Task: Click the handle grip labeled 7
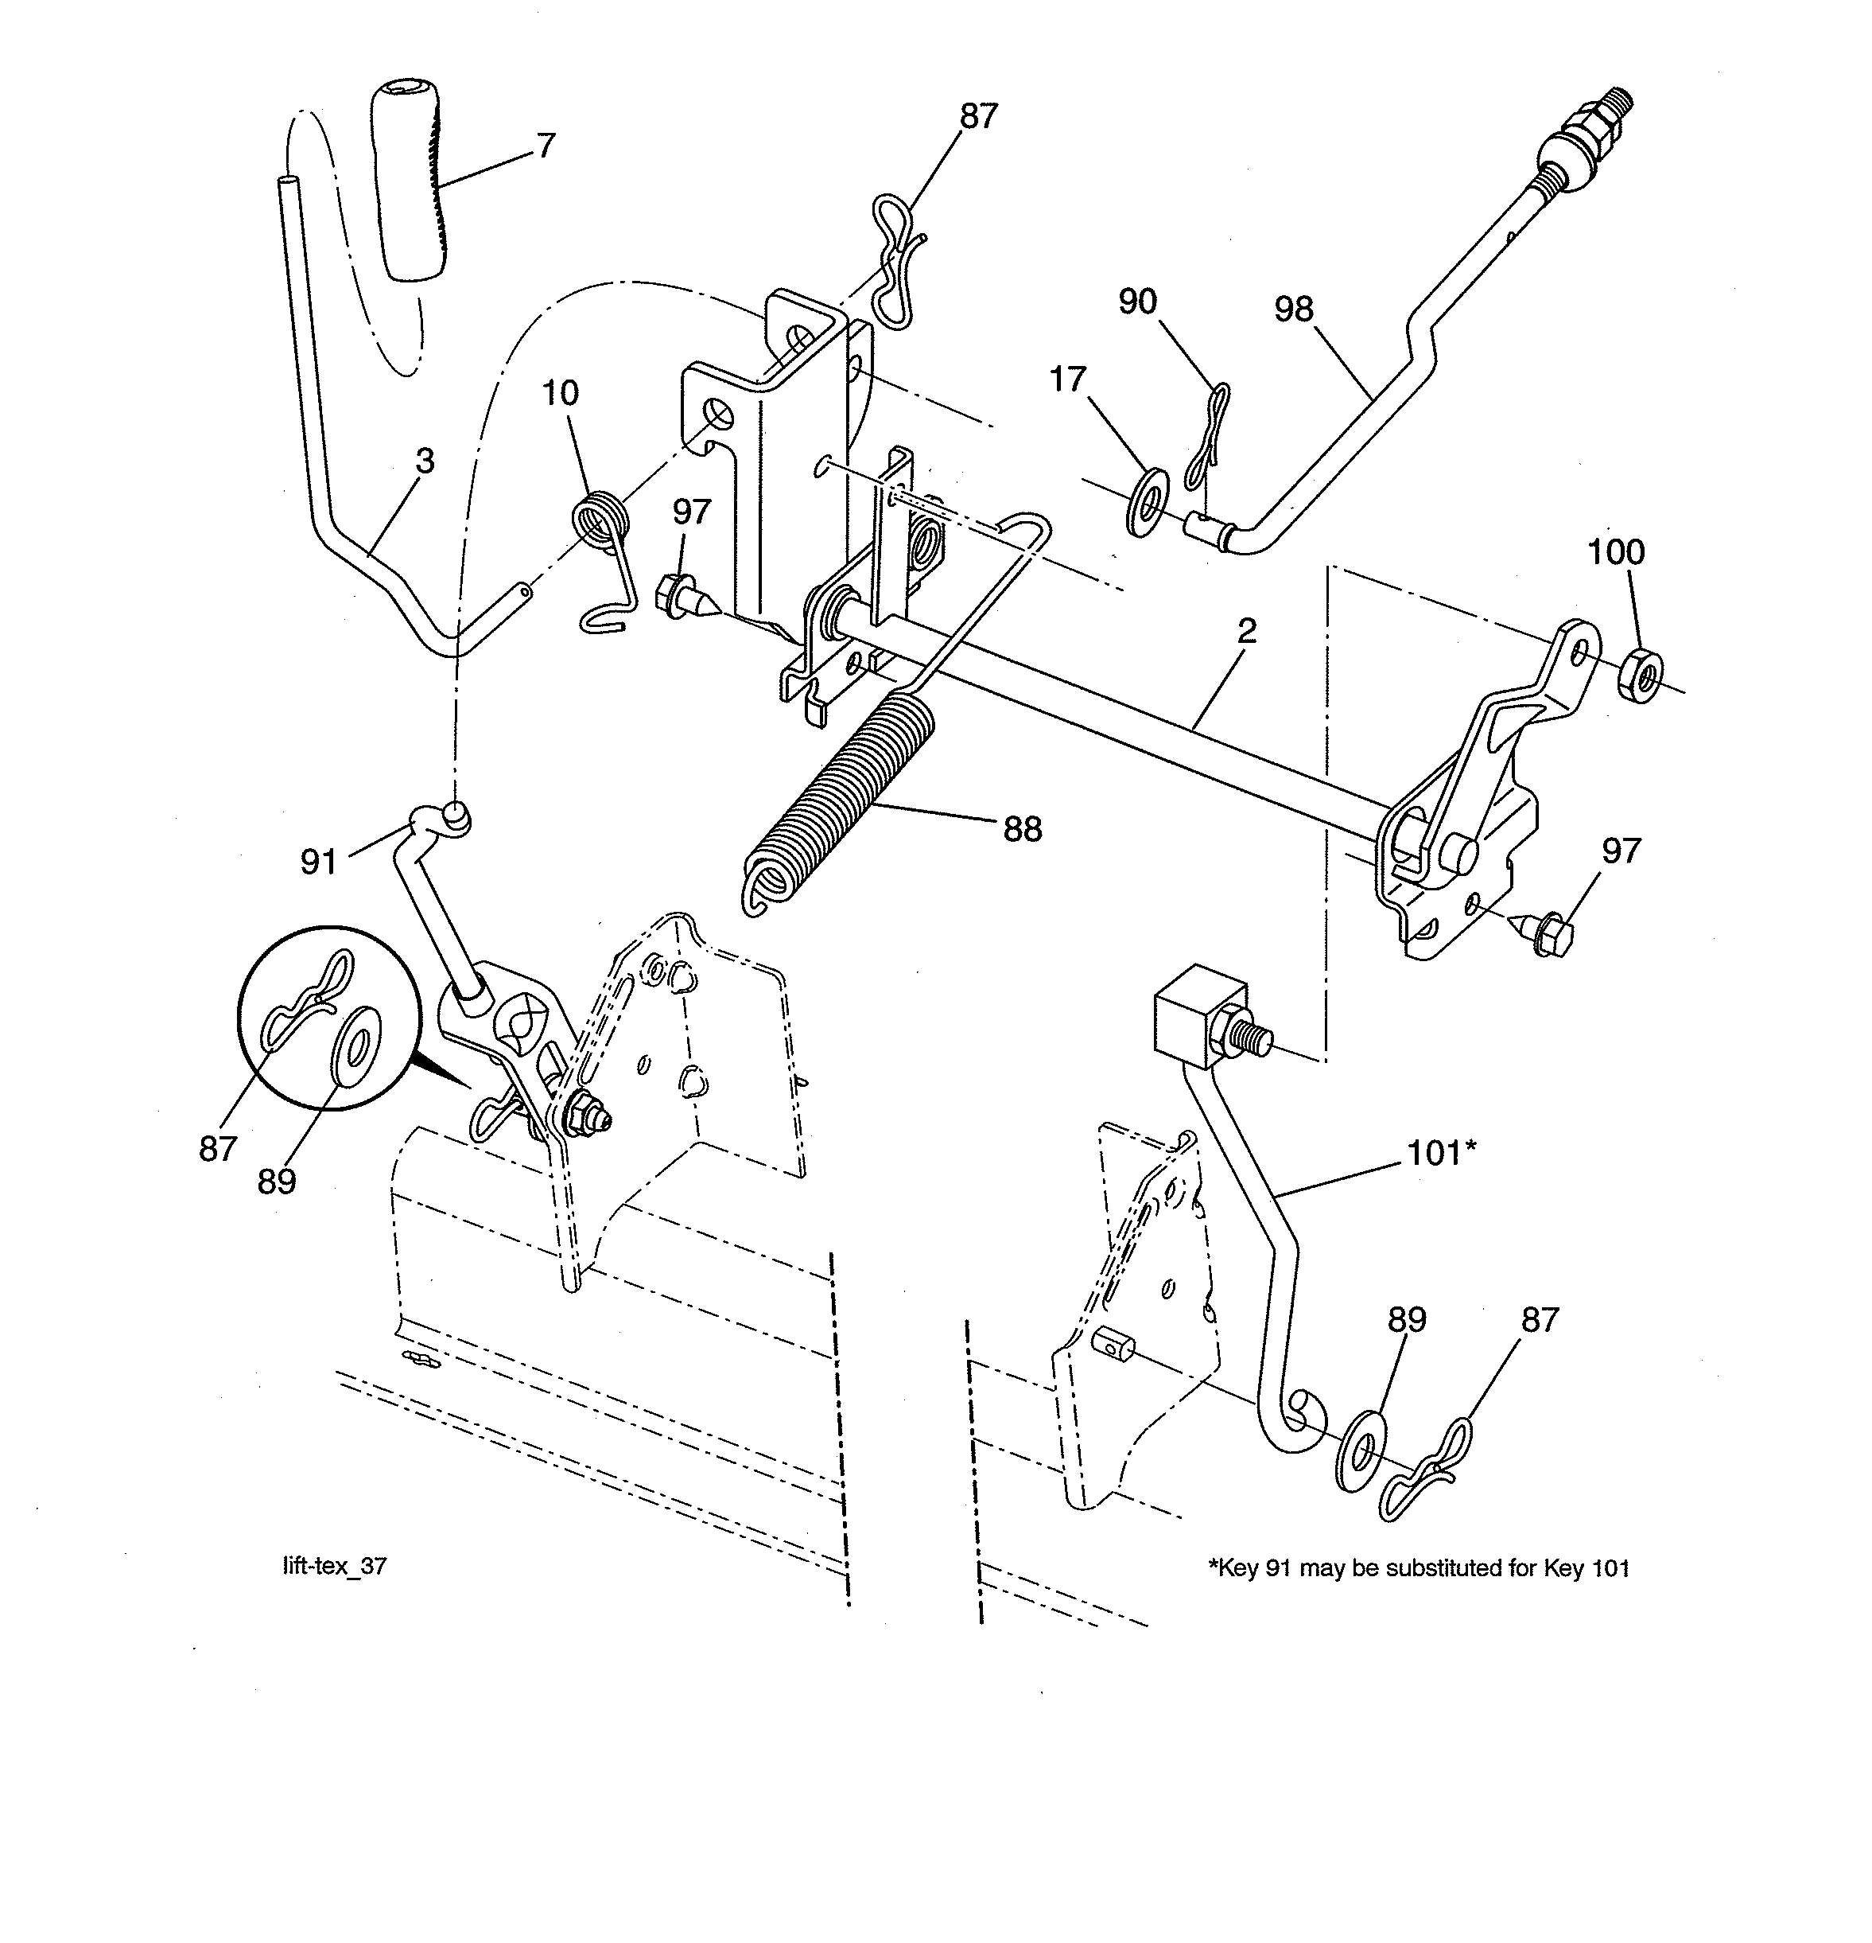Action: pyautogui.click(x=411, y=186)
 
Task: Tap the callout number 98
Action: pyautogui.click(x=1293, y=310)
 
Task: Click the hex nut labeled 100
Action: pyautogui.click(x=1640, y=678)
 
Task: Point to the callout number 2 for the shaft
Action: pyautogui.click(x=1247, y=630)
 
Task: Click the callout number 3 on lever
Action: pyautogui.click(x=424, y=461)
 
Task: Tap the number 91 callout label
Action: pyautogui.click(x=318, y=862)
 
